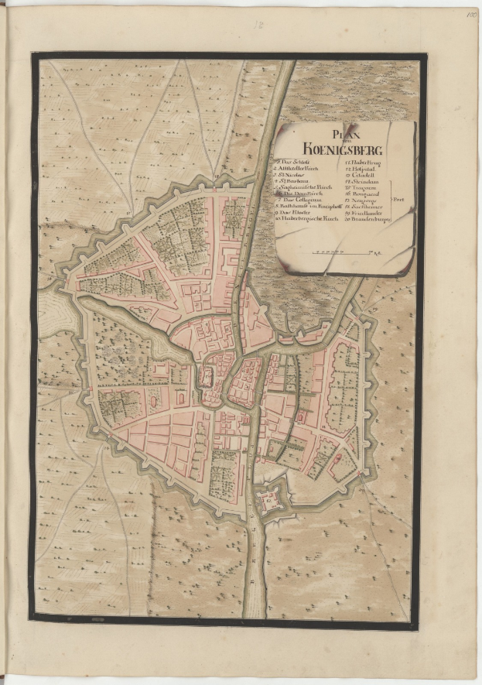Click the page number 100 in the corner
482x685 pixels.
(471, 13)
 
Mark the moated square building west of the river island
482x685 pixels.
(207, 378)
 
